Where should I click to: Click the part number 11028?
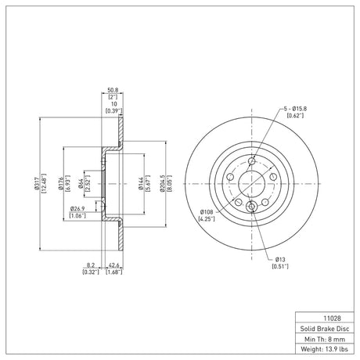tap(332, 319)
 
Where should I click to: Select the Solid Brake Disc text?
tap(325, 329)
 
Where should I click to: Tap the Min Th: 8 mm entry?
tap(325, 339)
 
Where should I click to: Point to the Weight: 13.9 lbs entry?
tap(325, 349)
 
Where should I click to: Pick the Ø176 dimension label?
tap(60, 184)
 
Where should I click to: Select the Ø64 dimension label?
tap(81, 184)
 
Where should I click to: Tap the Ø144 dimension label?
tap(141, 184)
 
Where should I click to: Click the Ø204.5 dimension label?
tap(163, 184)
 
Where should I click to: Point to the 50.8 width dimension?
tap(113, 90)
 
